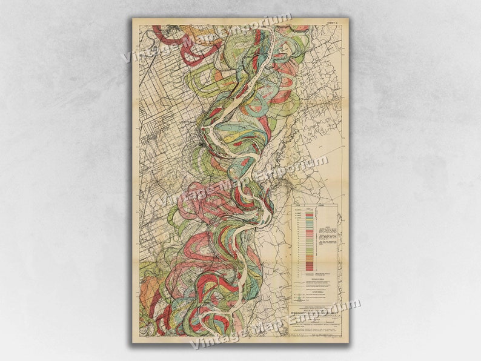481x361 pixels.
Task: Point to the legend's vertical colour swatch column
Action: [x=310, y=239]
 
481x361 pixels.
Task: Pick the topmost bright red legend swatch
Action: [x=310, y=214]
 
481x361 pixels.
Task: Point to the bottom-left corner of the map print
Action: [x=133, y=343]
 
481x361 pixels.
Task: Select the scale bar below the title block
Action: [x=314, y=334]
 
